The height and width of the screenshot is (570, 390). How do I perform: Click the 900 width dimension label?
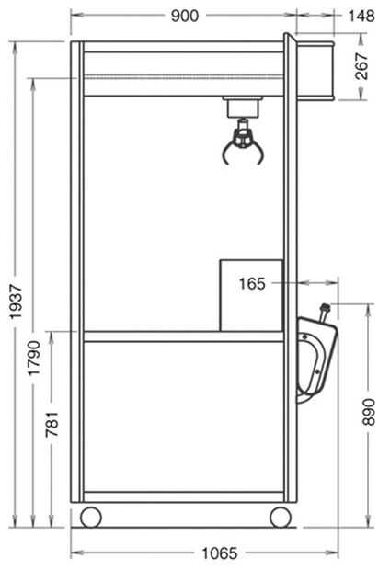tap(185, 16)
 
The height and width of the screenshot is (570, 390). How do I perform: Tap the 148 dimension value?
tap(361, 16)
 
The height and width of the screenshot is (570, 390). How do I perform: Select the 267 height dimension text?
tap(362, 66)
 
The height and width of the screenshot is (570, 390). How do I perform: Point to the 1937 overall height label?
tap(16, 302)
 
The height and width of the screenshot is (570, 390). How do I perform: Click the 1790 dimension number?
tap(34, 358)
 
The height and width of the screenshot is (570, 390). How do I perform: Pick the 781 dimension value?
tap(52, 424)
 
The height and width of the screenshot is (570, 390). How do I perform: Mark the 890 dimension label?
tap(369, 412)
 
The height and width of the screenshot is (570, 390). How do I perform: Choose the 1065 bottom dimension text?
tap(219, 553)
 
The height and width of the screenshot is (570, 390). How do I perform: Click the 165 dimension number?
tap(252, 283)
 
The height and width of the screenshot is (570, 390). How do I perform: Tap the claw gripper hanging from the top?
tap(243, 142)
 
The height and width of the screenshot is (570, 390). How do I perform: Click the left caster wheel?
tap(90, 517)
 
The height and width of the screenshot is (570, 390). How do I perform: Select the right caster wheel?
tap(281, 517)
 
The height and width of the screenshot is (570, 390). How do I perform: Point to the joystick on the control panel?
tap(324, 313)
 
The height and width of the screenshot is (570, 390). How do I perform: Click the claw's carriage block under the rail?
tap(243, 108)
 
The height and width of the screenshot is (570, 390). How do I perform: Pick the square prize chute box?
tap(251, 295)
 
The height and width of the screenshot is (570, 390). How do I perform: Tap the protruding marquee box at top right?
tap(315, 70)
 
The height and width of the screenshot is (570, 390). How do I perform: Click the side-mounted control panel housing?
tap(315, 359)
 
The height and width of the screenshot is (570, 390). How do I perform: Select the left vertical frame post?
tap(77, 271)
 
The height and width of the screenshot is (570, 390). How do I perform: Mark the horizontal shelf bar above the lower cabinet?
tap(184, 336)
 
